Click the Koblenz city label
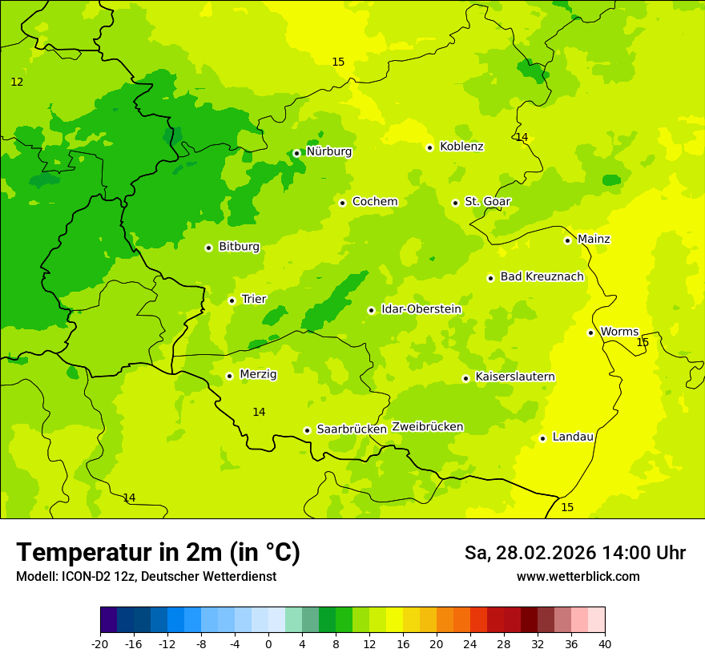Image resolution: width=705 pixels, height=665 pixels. point(461,147)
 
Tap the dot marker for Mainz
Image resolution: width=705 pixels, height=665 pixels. point(567,240)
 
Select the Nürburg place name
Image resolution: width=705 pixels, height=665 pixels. point(328,151)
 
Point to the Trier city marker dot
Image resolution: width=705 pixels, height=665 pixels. point(232,300)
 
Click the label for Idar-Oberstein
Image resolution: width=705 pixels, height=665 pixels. point(421,309)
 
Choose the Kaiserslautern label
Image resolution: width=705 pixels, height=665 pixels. point(515,377)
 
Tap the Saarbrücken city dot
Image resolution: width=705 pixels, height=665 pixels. point(307,430)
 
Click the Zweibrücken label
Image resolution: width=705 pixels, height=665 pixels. point(427,427)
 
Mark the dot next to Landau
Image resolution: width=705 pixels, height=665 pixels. point(542,438)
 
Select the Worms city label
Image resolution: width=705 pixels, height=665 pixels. point(619,332)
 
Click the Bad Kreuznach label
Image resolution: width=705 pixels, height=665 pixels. point(542,277)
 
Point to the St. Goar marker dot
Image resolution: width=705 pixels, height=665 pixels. point(455,203)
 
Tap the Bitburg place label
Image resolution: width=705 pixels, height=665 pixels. point(239,247)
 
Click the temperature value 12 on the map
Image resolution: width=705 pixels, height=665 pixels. point(17,83)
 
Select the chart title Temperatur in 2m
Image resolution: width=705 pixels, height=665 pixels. point(158,552)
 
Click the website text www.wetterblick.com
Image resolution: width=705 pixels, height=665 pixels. point(578,576)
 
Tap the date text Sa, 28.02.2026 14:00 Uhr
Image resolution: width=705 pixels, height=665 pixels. point(574,553)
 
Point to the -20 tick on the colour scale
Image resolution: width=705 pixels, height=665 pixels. point(100,643)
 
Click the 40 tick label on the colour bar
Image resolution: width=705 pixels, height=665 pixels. point(605,643)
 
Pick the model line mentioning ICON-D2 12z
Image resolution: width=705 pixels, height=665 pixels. point(146,576)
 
